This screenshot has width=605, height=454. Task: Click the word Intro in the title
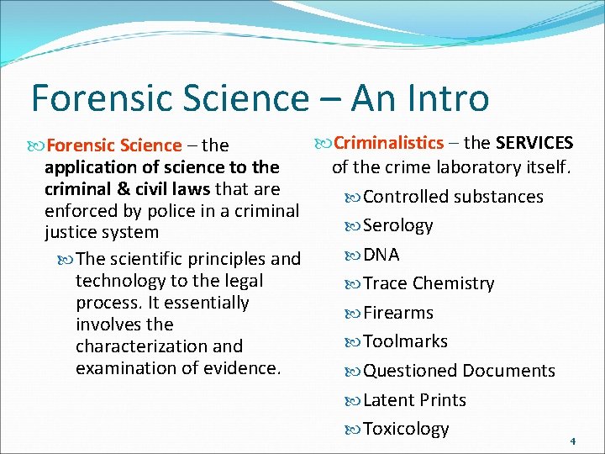point(444,98)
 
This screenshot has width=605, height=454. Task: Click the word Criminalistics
point(388,143)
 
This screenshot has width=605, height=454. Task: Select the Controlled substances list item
point(453,197)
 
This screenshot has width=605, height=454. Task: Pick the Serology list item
point(398,225)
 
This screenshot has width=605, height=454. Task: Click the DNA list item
point(381,255)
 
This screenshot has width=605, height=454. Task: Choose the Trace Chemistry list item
point(429,283)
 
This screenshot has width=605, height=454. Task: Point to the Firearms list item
point(398,313)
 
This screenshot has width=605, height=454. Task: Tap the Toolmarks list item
point(405,341)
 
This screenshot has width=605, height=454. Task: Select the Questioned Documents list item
point(459,371)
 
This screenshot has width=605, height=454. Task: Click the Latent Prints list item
point(414,400)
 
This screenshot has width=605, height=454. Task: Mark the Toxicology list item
point(406,429)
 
